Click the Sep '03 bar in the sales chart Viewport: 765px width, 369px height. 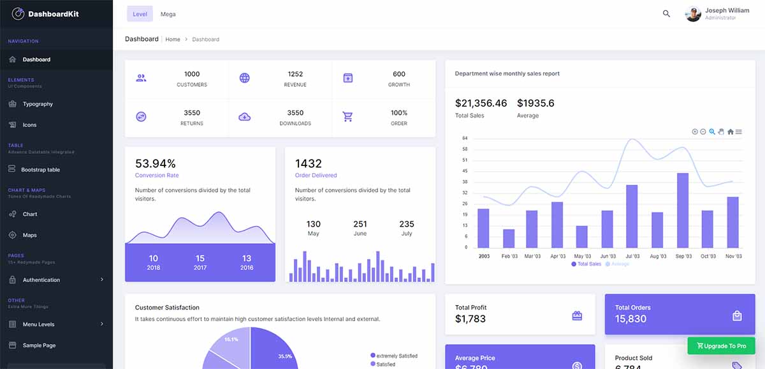click(683, 210)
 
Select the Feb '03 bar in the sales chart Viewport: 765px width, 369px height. click(509, 238)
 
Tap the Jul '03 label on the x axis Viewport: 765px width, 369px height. click(632, 256)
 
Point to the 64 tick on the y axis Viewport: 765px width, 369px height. click(465, 139)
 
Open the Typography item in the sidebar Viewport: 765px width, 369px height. click(38, 104)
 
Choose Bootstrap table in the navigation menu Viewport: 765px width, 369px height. click(40, 170)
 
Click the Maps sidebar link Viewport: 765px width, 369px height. click(29, 236)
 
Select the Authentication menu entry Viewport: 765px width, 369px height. click(41, 280)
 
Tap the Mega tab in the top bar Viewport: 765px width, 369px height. click(168, 14)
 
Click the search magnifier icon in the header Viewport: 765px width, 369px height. click(666, 13)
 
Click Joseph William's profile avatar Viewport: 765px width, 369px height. click(693, 14)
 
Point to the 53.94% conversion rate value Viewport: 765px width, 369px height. click(156, 163)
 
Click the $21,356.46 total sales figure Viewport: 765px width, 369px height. click(481, 103)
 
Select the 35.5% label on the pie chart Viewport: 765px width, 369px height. click(285, 356)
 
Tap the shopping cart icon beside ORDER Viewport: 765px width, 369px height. click(347, 117)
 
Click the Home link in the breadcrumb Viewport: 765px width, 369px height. click(173, 40)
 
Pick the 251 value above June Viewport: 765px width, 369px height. click(360, 224)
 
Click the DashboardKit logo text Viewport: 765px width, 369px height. click(54, 14)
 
